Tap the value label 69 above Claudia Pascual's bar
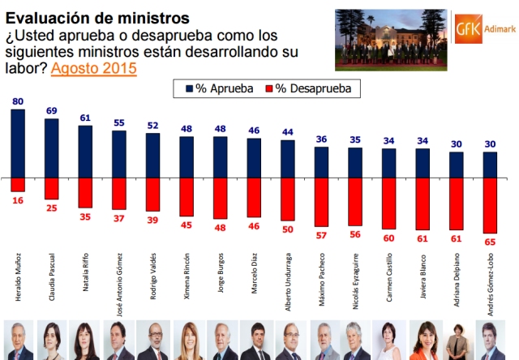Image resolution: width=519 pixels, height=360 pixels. coord(52,109)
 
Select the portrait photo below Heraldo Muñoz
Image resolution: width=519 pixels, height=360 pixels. coord(18,341)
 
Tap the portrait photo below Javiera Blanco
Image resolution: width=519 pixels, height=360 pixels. coord(422,341)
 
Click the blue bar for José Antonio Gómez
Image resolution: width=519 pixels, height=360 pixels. coord(119,153)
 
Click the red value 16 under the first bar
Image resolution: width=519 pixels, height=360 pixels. coord(18,199)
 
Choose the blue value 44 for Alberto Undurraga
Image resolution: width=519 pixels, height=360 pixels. coord(288,132)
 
